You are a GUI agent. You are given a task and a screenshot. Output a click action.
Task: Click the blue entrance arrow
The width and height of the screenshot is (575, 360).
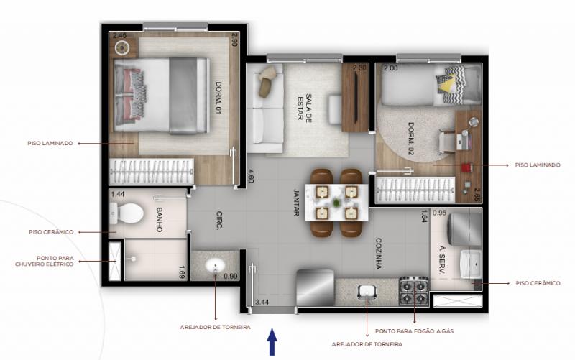pyautogui.click(x=272, y=342)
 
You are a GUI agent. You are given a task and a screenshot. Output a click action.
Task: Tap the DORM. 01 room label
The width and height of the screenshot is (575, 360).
pyautogui.click(x=218, y=98)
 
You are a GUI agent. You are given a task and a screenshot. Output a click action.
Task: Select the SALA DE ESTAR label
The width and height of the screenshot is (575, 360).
pyautogui.click(x=305, y=107)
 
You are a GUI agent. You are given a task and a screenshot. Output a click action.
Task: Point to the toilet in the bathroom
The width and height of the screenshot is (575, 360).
pyautogui.click(x=126, y=213)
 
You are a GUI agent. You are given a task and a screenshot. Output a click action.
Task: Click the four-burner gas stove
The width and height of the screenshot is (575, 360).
pyautogui.click(x=414, y=291)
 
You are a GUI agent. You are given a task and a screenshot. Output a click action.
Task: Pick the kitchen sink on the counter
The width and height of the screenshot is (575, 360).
pyautogui.click(x=367, y=292)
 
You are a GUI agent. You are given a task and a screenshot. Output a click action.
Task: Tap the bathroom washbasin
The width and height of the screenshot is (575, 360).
pyautogui.click(x=214, y=266)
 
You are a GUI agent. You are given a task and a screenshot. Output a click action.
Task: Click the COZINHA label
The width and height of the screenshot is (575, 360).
pyautogui.click(x=379, y=254)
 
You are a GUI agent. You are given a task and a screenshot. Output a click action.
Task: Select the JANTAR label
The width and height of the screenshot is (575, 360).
pyautogui.click(x=297, y=203)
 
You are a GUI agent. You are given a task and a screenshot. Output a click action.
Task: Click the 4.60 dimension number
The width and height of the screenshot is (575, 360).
pyautogui.click(x=251, y=176)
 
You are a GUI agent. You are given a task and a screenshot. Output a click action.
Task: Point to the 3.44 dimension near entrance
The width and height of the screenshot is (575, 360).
pyautogui.click(x=262, y=303)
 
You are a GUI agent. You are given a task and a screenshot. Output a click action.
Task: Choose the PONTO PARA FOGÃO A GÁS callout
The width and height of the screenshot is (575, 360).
pyautogui.click(x=415, y=331)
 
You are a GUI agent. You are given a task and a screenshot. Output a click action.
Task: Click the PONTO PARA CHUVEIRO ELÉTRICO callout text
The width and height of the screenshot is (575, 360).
pyautogui.click(x=45, y=261)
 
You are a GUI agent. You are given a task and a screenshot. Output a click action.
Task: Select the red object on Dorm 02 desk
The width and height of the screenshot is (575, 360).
pyautogui.click(x=466, y=167)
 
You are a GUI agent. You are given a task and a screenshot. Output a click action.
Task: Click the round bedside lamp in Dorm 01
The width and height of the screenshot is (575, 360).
pyautogui.click(x=122, y=47)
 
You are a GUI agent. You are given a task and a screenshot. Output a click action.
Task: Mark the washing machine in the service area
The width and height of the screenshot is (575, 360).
pyautogui.click(x=464, y=229)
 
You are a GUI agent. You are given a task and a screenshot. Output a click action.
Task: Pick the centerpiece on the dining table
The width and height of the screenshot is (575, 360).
pyautogui.click(x=336, y=202)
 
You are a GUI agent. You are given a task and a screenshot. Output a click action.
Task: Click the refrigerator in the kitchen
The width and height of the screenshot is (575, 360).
pyautogui.click(x=316, y=287)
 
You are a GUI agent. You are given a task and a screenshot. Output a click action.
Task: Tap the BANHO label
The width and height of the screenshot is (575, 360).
pyautogui.click(x=159, y=219)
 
